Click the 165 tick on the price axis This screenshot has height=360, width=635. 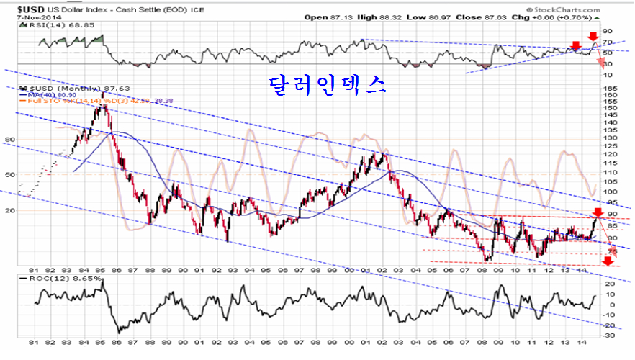tap(610, 88)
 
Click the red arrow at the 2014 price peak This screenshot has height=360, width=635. tap(597, 212)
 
